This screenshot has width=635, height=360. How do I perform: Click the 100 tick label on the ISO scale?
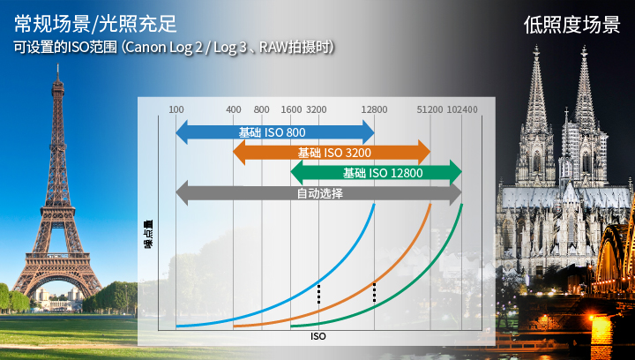(176, 109)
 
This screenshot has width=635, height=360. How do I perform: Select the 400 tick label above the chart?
(234, 109)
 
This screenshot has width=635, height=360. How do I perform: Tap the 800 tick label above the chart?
(262, 109)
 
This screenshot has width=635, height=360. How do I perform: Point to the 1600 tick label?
(292, 109)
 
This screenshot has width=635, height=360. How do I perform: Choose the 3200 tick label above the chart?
(317, 109)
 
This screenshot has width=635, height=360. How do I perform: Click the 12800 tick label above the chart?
(374, 109)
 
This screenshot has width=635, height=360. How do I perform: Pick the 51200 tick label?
(430, 109)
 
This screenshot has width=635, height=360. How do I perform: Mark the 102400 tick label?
(462, 109)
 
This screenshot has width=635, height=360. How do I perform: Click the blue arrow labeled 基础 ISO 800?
(275, 132)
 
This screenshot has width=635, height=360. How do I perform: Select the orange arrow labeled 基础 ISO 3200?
(332, 153)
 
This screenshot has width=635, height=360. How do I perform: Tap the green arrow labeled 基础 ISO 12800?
(377, 173)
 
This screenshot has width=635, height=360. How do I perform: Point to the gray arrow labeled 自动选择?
(318, 192)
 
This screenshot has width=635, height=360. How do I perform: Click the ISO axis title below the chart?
(317, 336)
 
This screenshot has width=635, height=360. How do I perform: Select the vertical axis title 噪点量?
(149, 234)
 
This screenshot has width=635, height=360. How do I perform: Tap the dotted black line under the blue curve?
(318, 294)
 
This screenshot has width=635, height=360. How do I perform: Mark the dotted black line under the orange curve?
(374, 292)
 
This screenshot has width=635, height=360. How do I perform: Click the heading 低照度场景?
(571, 25)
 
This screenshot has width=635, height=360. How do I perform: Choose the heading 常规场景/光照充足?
(95, 24)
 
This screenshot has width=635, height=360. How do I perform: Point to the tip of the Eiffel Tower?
(58, 64)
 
